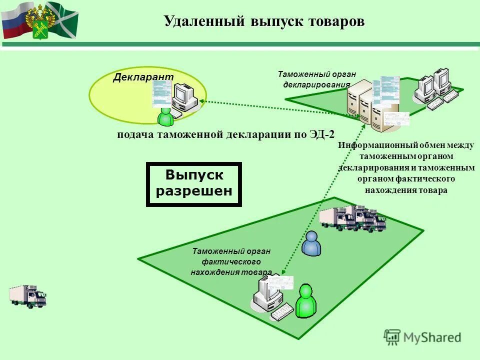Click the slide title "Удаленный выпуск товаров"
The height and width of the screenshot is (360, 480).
[264, 21]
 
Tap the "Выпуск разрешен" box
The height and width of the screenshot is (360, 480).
[194, 183]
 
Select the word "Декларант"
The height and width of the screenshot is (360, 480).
[143, 76]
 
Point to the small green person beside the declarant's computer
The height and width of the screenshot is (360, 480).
[165, 117]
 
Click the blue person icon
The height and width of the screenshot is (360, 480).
[312, 243]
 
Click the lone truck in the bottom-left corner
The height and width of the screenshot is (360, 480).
[27, 296]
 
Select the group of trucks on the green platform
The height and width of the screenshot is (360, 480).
[352, 219]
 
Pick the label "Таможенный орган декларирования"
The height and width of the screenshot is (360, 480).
[314, 79]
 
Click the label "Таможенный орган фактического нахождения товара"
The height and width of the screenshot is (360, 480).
[231, 261]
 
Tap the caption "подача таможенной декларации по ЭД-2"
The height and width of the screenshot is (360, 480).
[225, 134]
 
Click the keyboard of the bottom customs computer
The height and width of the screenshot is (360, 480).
[282, 311]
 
